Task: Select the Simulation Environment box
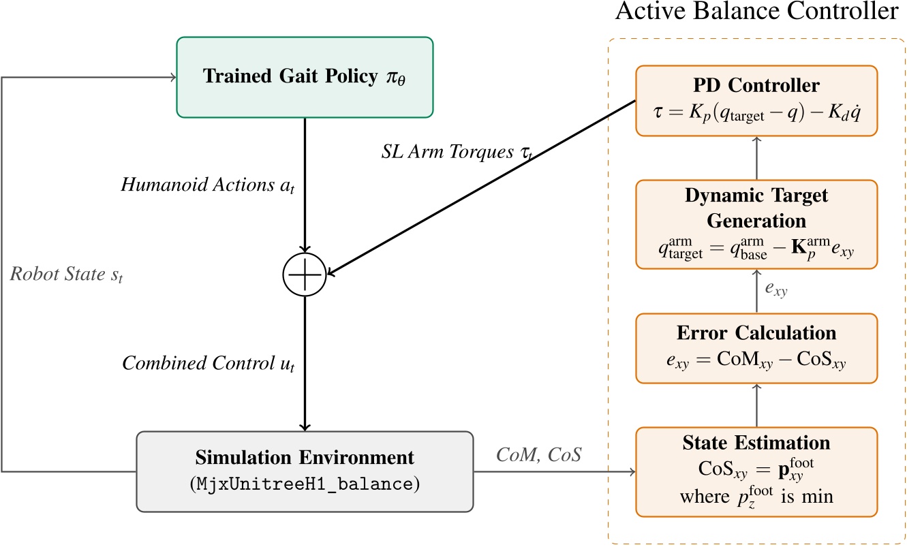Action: pyautogui.click(x=305, y=471)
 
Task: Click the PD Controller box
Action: pyautogui.click(x=756, y=100)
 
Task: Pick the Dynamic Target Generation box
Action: pyautogui.click(x=756, y=225)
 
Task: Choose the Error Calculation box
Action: pyautogui.click(x=756, y=347)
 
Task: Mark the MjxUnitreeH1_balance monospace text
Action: pyautogui.click(x=305, y=484)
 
